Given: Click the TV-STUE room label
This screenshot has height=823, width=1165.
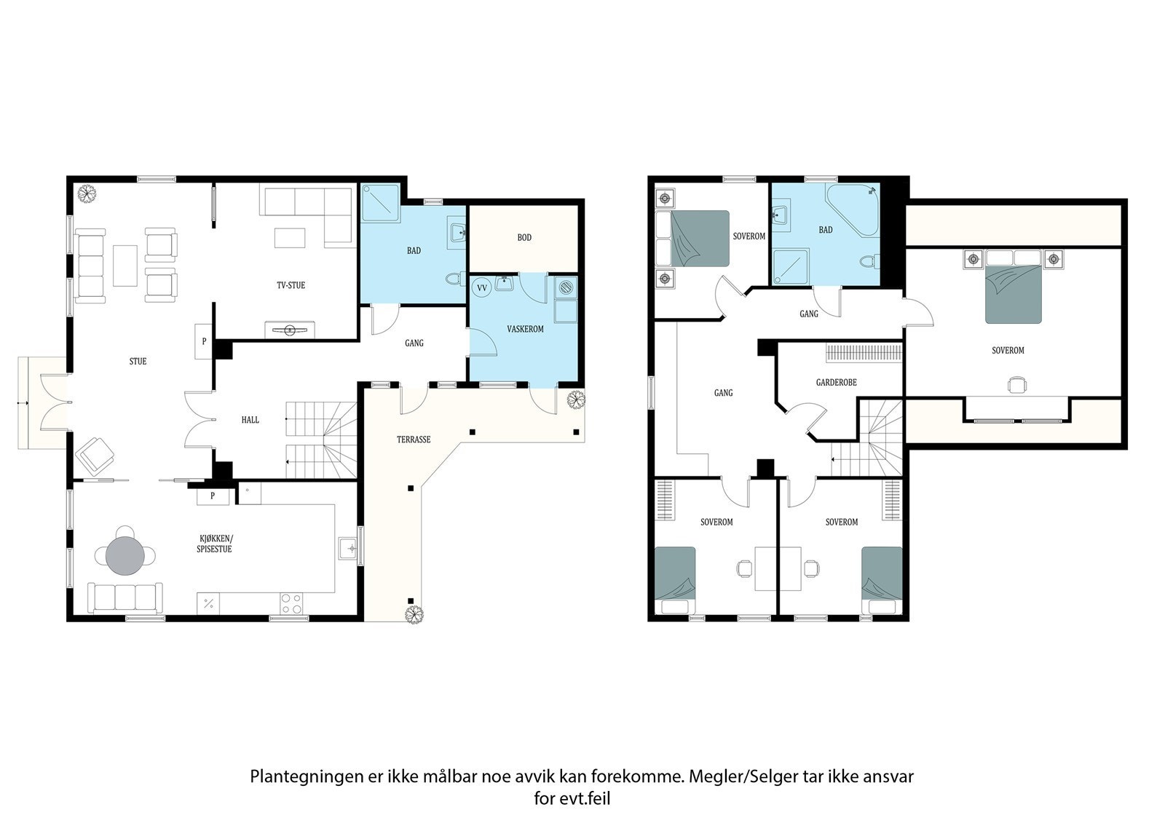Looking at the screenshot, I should [291, 285].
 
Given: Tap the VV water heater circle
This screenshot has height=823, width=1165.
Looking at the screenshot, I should [481, 288].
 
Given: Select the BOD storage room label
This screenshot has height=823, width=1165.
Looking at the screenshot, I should [524, 237].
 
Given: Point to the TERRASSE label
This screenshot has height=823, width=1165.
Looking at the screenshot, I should [413, 440].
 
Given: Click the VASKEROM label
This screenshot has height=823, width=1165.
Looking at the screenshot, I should [525, 329].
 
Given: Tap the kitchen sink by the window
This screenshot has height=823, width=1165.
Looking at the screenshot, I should [347, 547].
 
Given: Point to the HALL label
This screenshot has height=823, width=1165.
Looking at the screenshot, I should [250, 420].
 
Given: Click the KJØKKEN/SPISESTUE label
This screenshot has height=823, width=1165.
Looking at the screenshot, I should [214, 544].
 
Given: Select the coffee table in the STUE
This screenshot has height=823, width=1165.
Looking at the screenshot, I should [125, 265].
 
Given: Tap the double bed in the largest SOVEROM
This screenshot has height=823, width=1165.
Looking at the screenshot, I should [1013, 293].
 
